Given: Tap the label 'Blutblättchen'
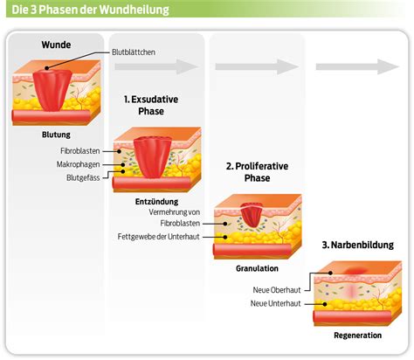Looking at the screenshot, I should coord(137,52).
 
